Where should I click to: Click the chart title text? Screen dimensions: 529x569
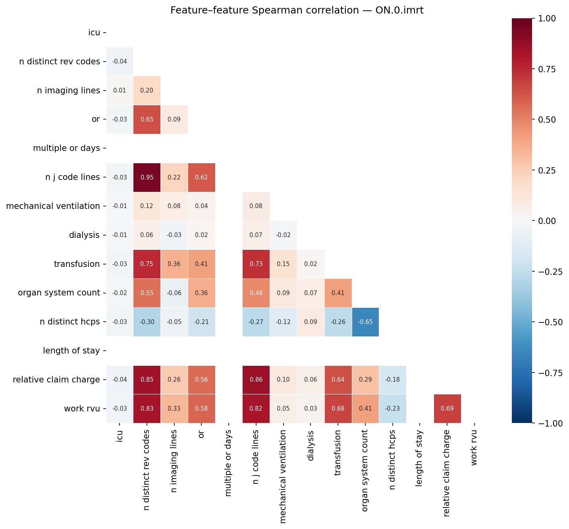pos(297,10)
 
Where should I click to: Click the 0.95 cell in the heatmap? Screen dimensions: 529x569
pos(147,177)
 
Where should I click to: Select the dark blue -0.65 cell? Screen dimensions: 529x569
pos(365,322)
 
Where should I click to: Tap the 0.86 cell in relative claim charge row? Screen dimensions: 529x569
pos(256,380)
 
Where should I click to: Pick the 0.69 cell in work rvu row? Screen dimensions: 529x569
pos(447,409)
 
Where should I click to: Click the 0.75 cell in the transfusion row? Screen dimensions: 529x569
pos(147,264)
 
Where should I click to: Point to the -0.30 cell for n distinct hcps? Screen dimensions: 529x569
pos(147,322)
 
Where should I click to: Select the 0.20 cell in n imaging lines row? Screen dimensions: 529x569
pos(147,91)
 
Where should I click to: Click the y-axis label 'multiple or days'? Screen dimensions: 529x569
pos(66,148)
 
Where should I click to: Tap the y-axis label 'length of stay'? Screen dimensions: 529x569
pos(71,351)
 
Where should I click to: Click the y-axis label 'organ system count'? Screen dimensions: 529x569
pos(59,293)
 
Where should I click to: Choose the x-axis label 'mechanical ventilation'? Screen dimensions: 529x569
pos(283,477)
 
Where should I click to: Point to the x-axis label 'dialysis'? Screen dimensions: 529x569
pos(311,446)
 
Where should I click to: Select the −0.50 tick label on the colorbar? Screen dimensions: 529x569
pos(551,322)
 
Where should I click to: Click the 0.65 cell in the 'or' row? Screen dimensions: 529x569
pos(147,120)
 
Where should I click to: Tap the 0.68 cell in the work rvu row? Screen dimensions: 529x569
pos(338,409)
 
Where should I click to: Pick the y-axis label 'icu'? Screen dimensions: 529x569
pos(94,33)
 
